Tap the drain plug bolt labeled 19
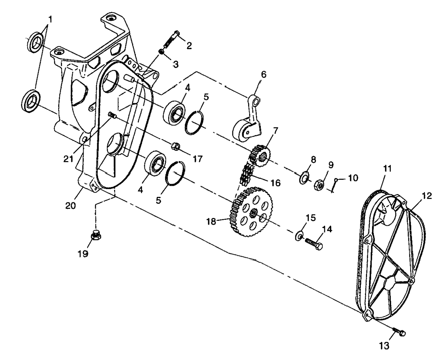[96, 236]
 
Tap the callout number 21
[69, 158]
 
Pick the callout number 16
[275, 183]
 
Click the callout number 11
[387, 169]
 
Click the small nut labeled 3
[161, 52]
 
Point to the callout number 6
[263, 74]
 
